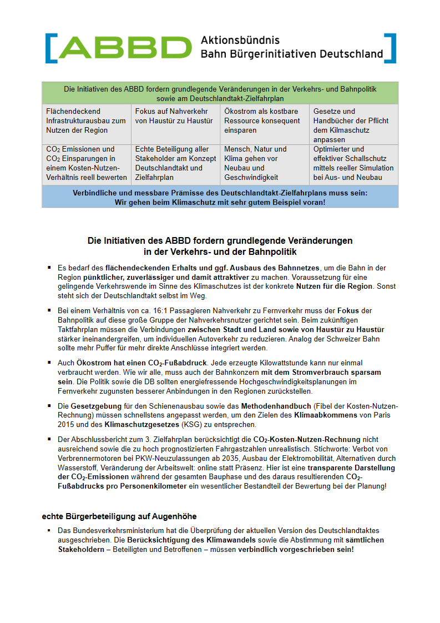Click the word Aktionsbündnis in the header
tap(240, 41)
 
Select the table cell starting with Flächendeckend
tap(86, 120)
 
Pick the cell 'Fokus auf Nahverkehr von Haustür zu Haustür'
tap(174, 116)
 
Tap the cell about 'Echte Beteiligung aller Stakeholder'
tap(174, 163)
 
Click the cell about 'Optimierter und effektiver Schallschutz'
tap(353, 163)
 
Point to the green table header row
tap(220, 93)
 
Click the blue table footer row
tap(220, 197)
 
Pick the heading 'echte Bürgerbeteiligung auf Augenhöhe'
tap(119, 516)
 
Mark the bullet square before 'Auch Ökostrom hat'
tap(49, 363)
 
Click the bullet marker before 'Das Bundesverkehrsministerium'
tap(49, 531)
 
